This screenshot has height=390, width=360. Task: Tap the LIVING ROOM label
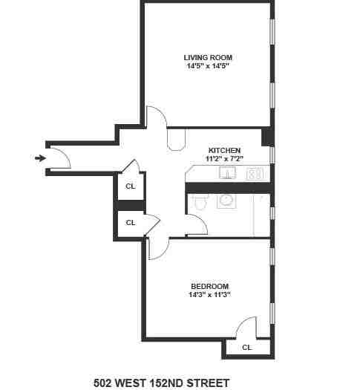pos(207,56)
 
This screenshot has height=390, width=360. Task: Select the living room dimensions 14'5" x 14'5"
pos(207,66)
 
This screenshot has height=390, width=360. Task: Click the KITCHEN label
pos(224,150)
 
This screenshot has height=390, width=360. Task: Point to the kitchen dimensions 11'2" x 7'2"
pos(224,159)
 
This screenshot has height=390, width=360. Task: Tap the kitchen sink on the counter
pos(228,174)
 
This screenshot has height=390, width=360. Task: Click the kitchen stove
pos(255,174)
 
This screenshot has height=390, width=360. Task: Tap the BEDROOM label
pos(209,286)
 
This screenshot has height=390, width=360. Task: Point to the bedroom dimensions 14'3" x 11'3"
pos(209,295)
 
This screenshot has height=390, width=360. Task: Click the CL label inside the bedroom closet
pos(247,347)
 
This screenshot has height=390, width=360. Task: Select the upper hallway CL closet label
pos(131,186)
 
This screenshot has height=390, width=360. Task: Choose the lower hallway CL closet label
pos(131,222)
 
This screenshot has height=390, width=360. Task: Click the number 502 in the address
pos(103,383)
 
